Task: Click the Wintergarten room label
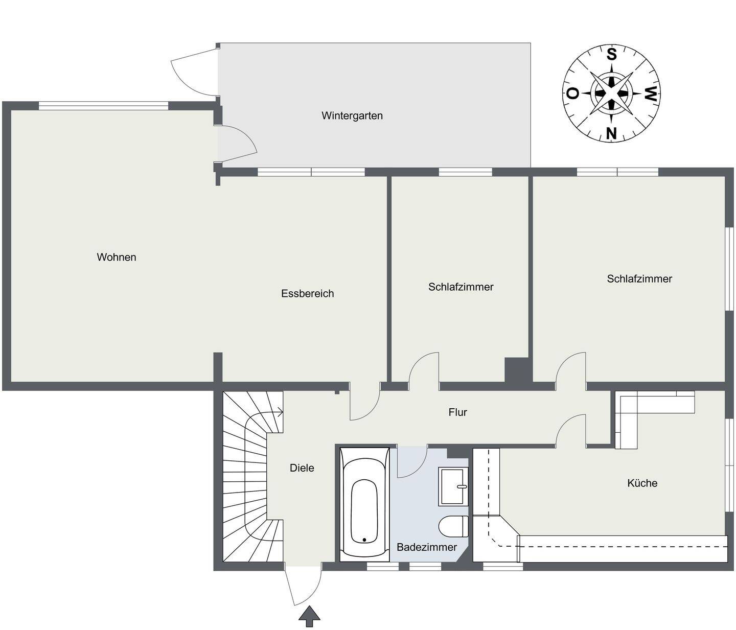tap(352, 115)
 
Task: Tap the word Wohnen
tap(117, 257)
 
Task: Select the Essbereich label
tap(307, 293)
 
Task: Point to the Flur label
tap(457, 412)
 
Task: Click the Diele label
tap(302, 468)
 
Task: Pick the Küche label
tap(642, 483)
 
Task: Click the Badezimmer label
tap(427, 547)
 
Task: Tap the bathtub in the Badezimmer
tap(364, 504)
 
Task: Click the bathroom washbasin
tap(453, 486)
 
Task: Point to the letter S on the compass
tap(611, 55)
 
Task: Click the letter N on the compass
tap(611, 133)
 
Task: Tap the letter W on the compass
tap(651, 94)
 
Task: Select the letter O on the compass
tap(572, 94)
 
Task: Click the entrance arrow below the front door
tap(309, 616)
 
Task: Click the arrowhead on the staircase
tap(280, 412)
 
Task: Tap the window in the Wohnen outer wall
tap(103, 105)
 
